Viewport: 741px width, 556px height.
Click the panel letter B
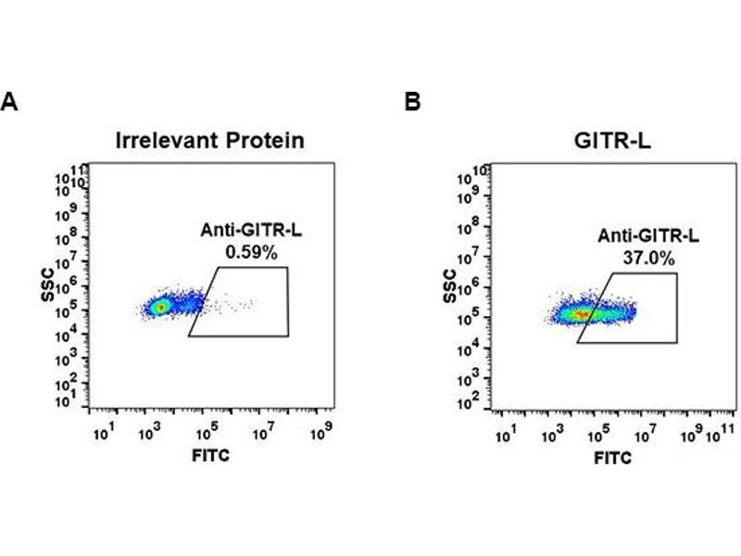pyautogui.click(x=413, y=102)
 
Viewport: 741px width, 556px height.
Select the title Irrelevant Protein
pyautogui.click(x=210, y=141)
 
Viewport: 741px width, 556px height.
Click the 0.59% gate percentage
pyautogui.click(x=245, y=249)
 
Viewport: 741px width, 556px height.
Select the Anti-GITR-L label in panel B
pyautogui.click(x=648, y=237)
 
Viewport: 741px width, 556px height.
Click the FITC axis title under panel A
pyautogui.click(x=210, y=455)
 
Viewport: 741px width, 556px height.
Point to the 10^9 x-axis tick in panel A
pyautogui.click(x=321, y=433)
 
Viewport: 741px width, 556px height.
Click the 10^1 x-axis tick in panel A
pyautogui.click(x=103, y=433)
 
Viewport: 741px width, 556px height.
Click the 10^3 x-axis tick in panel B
pyautogui.click(x=553, y=434)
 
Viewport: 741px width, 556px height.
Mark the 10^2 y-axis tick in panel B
pyautogui.click(x=473, y=401)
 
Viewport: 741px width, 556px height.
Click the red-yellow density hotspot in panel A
pyautogui.click(x=159, y=306)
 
